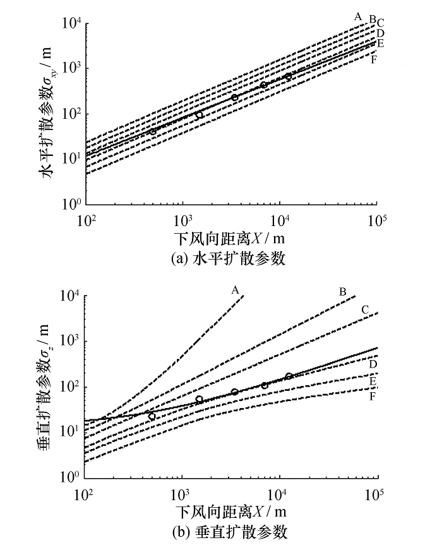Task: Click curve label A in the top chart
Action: click(x=357, y=15)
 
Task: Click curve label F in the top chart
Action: click(x=374, y=60)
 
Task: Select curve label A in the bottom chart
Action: click(x=235, y=290)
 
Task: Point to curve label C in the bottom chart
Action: click(x=365, y=309)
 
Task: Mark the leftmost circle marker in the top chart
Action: click(x=153, y=132)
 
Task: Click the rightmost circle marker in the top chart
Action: click(x=288, y=76)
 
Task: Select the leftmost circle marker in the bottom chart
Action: click(x=152, y=416)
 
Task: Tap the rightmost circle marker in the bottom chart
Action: click(x=289, y=376)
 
